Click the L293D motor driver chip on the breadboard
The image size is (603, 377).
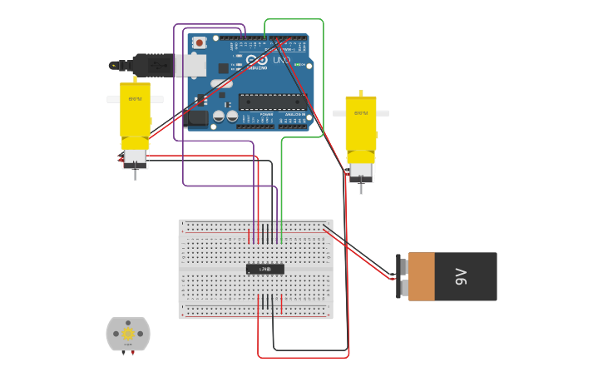pos(265,269)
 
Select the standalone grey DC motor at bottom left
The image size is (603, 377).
pos(128,334)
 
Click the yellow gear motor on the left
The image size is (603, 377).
pos(135,112)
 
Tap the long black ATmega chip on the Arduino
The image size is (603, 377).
pos(272,102)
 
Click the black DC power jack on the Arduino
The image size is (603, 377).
pos(198,117)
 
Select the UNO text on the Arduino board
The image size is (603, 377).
pos(281,60)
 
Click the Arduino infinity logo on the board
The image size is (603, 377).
pos(257,60)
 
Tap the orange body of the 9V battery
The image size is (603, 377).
pos(422,276)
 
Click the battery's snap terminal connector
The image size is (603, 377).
pos(401,276)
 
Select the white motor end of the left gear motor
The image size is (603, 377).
pos(135,158)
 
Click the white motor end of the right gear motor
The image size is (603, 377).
pos(361,171)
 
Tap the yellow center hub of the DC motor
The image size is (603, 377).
pos(128,334)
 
